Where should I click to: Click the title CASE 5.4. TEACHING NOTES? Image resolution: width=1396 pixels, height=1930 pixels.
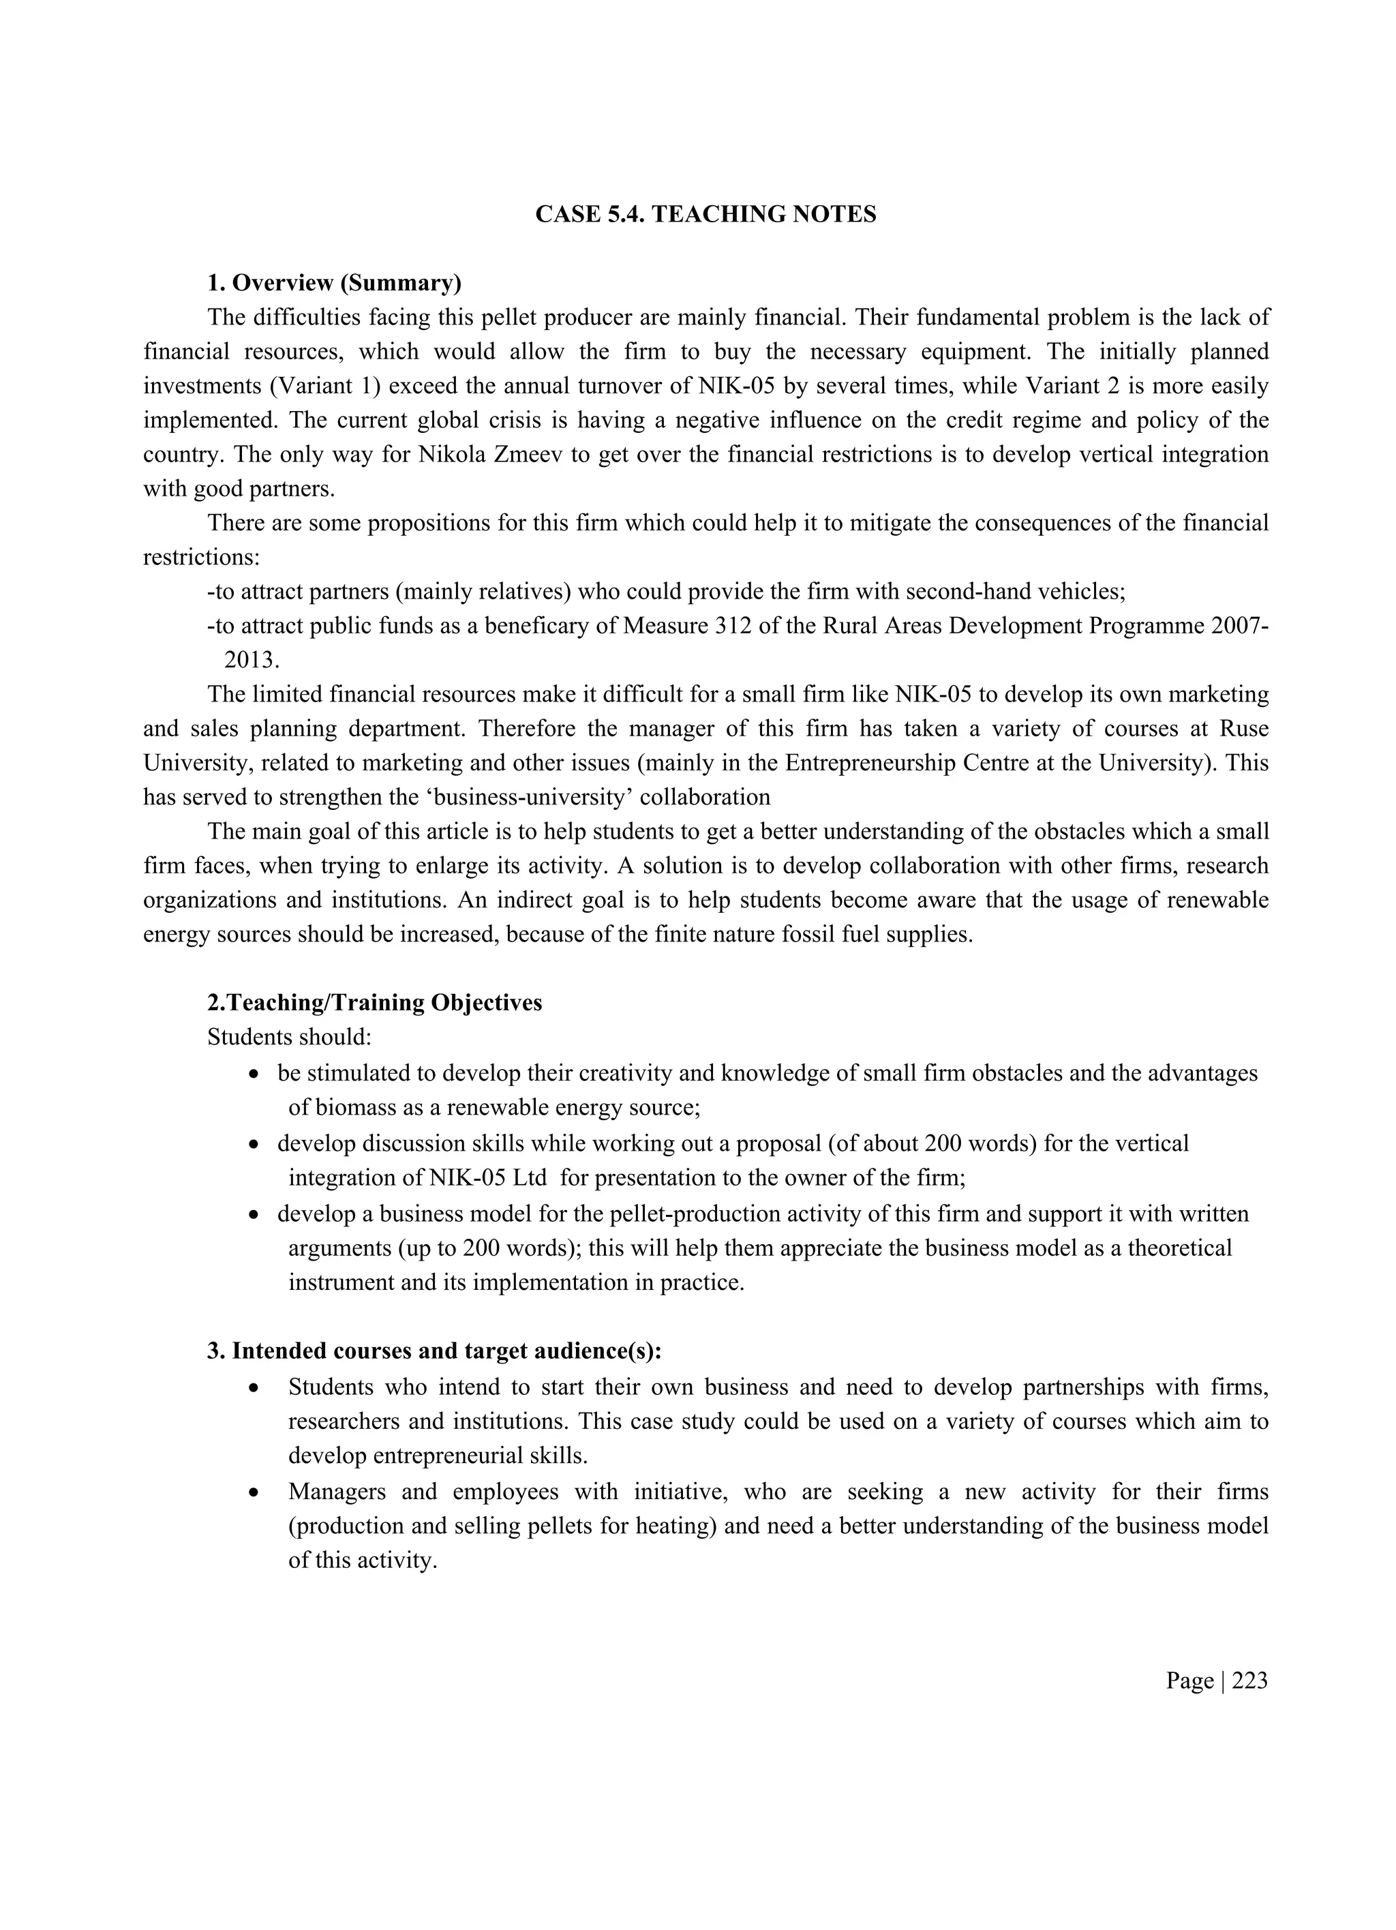point(705,215)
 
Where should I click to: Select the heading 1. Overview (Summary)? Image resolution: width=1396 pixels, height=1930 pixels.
point(333,282)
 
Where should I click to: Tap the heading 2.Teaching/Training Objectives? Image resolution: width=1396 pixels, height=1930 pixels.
point(374,1002)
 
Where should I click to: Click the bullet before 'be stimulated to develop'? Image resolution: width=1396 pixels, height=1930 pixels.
point(254,1074)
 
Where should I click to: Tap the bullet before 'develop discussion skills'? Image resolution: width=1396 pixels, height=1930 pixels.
point(254,1145)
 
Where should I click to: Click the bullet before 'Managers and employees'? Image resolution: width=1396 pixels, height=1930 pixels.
point(254,1492)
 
